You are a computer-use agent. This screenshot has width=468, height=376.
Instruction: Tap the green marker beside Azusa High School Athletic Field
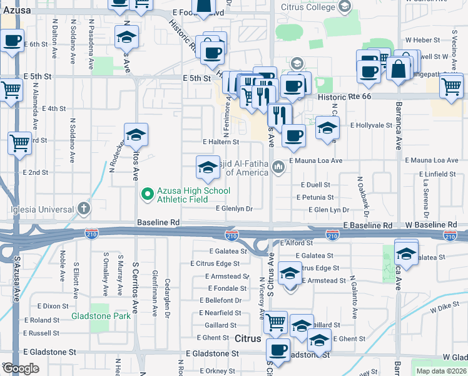pos(148,195)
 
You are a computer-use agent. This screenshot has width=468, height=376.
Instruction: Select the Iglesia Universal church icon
pos(84,208)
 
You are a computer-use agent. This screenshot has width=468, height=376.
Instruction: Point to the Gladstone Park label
pos(101,316)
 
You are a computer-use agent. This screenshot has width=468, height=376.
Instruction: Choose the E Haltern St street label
pos(221,142)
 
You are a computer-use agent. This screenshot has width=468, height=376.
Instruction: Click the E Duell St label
pos(315,185)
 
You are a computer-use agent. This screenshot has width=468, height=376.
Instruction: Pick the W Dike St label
pos(444,309)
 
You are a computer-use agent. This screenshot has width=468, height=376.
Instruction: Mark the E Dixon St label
pos(53,306)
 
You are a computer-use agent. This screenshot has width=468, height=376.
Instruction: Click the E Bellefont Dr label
pos(223,301)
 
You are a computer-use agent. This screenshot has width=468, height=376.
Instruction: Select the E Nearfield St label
pos(220,313)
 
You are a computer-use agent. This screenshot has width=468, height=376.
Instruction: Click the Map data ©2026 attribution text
pos(441,371)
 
